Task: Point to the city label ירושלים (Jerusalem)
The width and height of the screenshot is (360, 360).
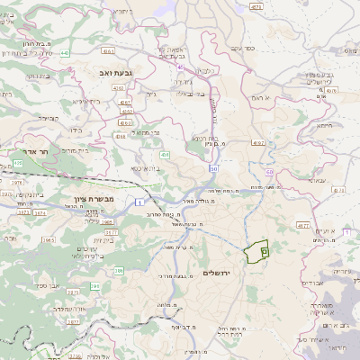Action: pyautogui.click(x=217, y=273)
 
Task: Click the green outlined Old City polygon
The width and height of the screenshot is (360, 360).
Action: pyautogui.click(x=256, y=251)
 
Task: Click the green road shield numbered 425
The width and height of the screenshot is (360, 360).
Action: pyautogui.click(x=17, y=163)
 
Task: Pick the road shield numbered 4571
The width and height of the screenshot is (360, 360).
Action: pyautogui.click(x=256, y=5)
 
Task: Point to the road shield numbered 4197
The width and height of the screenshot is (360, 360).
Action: pyautogui.click(x=259, y=142)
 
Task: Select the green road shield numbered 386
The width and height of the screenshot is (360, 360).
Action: pyautogui.click(x=120, y=270)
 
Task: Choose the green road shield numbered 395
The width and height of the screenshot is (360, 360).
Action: pyautogui.click(x=94, y=286)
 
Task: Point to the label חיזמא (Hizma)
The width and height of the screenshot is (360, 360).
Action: pyautogui.click(x=326, y=125)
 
